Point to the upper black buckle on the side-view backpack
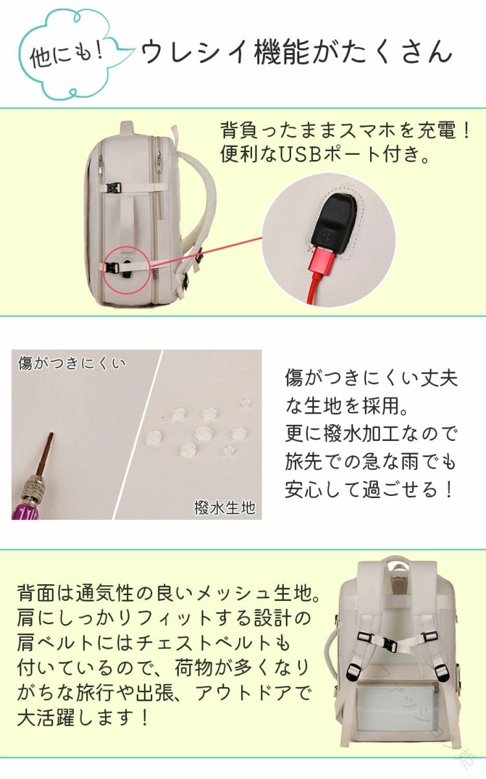113,188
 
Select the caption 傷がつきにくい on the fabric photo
71,363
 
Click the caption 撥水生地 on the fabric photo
225,508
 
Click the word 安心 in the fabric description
304,490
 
